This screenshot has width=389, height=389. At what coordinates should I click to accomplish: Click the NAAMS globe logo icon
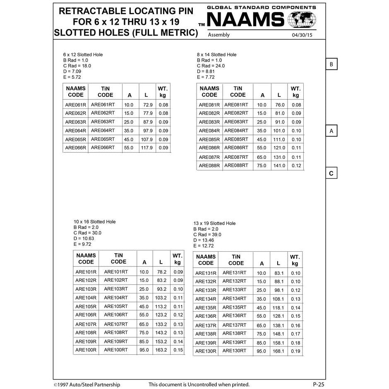[302, 19]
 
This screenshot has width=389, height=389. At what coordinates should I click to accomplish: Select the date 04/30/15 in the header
[303, 35]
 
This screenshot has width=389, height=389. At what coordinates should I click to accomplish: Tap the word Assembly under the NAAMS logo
[219, 35]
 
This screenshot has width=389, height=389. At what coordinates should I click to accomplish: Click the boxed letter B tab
[331, 65]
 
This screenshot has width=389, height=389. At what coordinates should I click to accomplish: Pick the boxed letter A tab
[331, 131]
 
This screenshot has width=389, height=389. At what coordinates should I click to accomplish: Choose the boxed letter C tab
[331, 173]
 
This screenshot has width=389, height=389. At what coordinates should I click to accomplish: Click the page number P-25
[318, 384]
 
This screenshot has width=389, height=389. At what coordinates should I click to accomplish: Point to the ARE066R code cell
[75, 148]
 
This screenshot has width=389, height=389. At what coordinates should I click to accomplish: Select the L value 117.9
[146, 148]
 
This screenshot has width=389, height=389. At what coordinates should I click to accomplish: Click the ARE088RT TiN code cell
[236, 166]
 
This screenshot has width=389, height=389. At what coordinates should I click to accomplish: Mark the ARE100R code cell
[86, 350]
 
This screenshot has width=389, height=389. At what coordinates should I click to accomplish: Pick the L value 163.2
[161, 350]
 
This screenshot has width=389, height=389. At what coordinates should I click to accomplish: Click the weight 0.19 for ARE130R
[295, 351]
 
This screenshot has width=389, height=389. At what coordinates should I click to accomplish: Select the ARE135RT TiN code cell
[234, 307]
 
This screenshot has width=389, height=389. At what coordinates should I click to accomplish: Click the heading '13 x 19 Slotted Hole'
[214, 223]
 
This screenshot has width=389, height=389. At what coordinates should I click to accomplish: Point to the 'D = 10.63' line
[84, 238]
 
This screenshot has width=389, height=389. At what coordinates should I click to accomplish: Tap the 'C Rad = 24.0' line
[211, 66]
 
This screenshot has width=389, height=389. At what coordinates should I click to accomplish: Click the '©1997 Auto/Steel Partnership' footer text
[87, 385]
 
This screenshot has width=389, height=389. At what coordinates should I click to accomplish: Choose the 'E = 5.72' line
[72, 77]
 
